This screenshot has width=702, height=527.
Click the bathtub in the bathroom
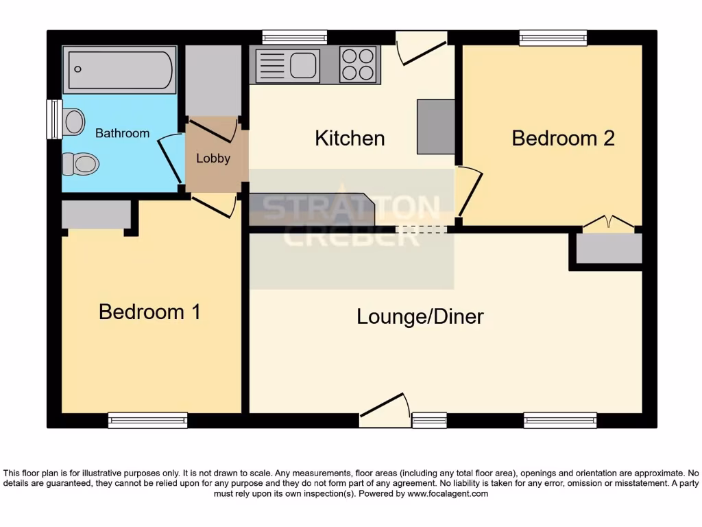(119, 69)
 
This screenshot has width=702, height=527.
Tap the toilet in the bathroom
(81, 164)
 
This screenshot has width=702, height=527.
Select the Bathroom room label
(122, 133)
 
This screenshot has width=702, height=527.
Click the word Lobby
(213, 158)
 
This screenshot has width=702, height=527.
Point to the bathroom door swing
(169, 158)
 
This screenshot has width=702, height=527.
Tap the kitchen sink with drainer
(287, 65)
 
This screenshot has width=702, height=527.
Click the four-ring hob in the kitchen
(358, 65)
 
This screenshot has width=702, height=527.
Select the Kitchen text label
(350, 138)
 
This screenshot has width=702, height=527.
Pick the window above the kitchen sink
(294, 38)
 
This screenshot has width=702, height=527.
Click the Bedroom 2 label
(563, 138)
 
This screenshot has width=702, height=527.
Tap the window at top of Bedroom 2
(553, 38)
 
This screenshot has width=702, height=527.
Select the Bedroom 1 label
(149, 312)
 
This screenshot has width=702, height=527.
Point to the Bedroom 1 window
(147, 420)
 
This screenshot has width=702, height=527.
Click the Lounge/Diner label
(420, 316)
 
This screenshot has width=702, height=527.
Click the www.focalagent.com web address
(448, 493)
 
